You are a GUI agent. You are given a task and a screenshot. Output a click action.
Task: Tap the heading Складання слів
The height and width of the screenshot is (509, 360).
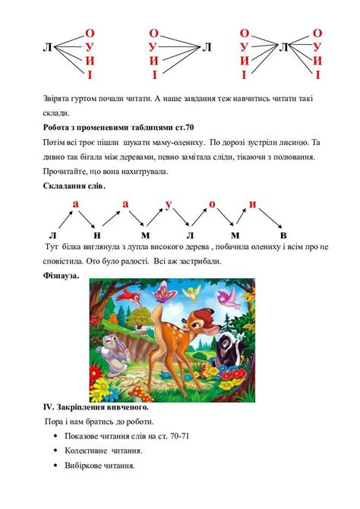click(x=74, y=185)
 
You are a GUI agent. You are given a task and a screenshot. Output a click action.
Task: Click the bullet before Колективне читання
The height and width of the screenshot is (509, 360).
click(x=58, y=449)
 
